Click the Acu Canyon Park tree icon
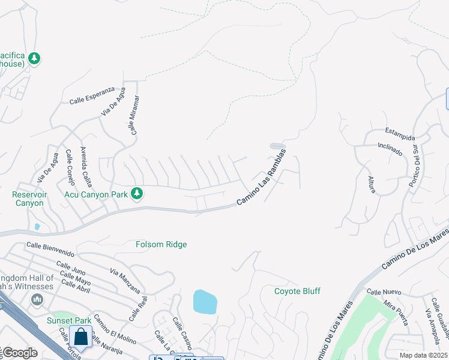137,193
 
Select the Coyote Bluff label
297,292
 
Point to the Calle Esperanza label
92,95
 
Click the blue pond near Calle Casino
205,301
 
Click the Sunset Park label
69,321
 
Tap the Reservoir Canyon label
28,199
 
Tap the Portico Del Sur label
414,165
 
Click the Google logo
20,353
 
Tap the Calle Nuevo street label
383,292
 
